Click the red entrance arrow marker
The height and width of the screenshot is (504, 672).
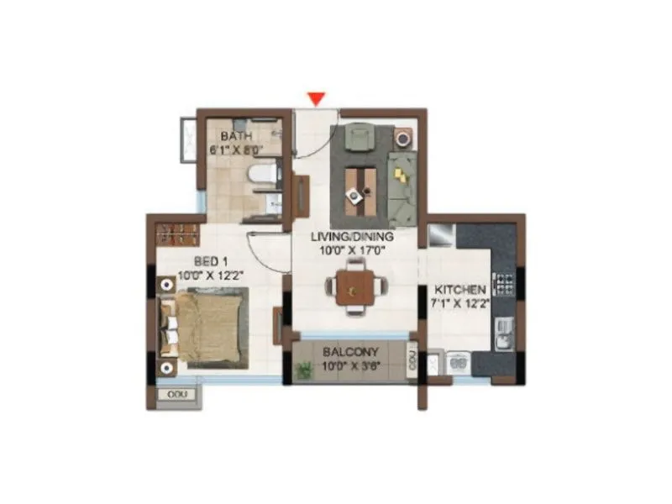(316, 99)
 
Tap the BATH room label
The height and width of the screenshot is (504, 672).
(237, 136)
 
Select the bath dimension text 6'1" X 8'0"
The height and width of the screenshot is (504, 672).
(237, 150)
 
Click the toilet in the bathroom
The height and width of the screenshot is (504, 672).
(262, 175)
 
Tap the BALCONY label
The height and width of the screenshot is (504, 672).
(350, 353)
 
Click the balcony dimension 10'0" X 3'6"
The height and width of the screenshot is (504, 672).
(352, 367)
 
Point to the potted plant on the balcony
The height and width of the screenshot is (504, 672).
(304, 368)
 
